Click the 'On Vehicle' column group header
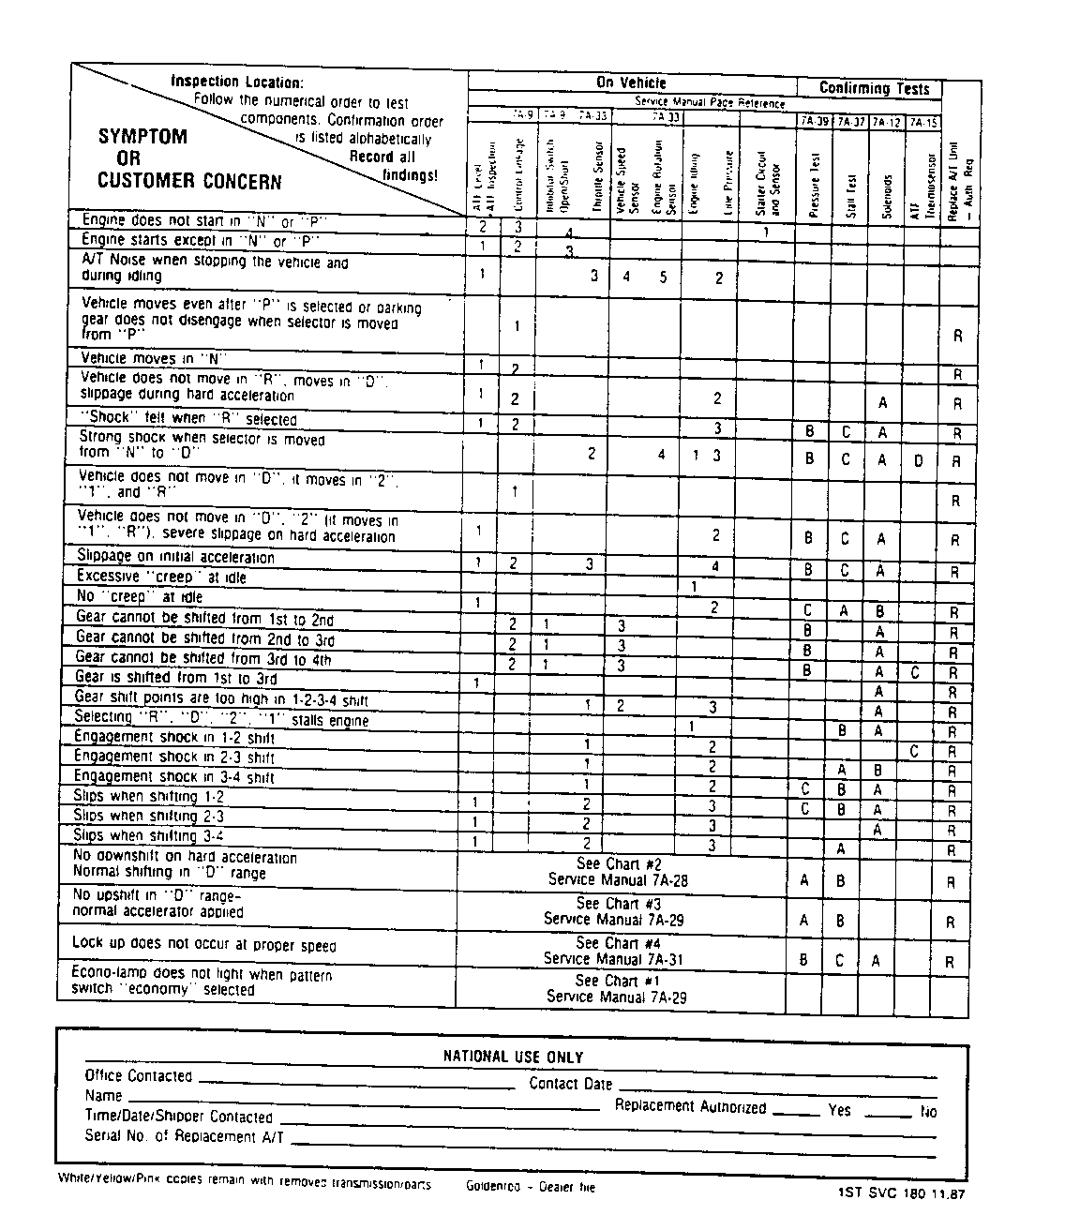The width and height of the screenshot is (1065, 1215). (631, 82)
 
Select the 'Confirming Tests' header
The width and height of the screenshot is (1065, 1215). (874, 88)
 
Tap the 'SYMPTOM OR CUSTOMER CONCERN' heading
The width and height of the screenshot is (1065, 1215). (188, 158)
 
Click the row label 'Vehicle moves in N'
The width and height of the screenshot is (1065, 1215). (154, 358)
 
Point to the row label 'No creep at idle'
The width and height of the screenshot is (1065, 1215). (139, 597)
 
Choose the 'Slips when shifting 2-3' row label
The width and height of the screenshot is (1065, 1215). (148, 816)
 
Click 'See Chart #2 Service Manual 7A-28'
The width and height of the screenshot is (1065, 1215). (621, 872)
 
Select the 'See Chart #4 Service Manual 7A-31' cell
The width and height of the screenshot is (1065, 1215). (621, 951)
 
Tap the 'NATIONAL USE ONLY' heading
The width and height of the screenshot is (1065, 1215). (513, 1057)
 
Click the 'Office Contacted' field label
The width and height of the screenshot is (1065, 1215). (138, 1076)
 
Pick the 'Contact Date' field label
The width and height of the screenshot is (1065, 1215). (570, 1084)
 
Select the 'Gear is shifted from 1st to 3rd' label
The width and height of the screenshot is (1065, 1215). (175, 678)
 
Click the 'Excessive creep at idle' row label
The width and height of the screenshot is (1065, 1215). (161, 577)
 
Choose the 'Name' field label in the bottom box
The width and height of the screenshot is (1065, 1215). (103, 1096)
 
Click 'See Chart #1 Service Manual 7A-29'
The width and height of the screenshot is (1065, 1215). (618, 989)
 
